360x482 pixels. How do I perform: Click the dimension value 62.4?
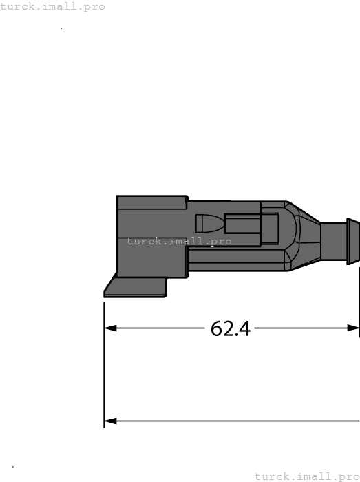click(x=230, y=328)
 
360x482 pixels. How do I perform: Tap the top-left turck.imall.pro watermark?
click(x=53, y=6)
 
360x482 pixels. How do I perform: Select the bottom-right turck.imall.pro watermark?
click(x=307, y=476)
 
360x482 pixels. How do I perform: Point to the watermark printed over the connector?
click(x=179, y=241)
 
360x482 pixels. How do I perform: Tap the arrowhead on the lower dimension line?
click(x=110, y=421)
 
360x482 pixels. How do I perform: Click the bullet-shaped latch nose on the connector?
click(x=209, y=224)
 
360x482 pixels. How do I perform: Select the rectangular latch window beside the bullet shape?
click(x=242, y=224)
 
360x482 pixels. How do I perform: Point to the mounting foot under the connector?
click(x=138, y=287)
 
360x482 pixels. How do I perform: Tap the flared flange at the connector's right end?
click(x=352, y=242)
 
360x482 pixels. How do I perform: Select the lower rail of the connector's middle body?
click(x=237, y=260)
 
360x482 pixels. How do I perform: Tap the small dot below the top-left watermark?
click(x=61, y=29)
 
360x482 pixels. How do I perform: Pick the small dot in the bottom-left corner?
click(x=13, y=467)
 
